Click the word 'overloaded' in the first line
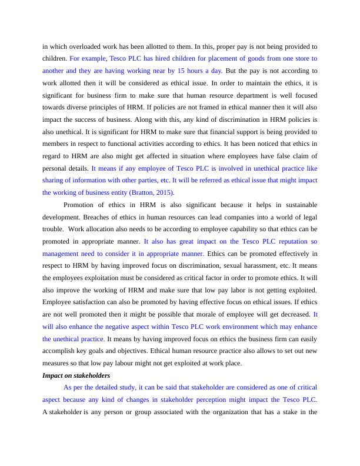(x=92, y=46)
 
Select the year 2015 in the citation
(x=165, y=192)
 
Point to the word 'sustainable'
(x=299, y=205)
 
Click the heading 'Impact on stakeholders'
(x=76, y=375)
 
